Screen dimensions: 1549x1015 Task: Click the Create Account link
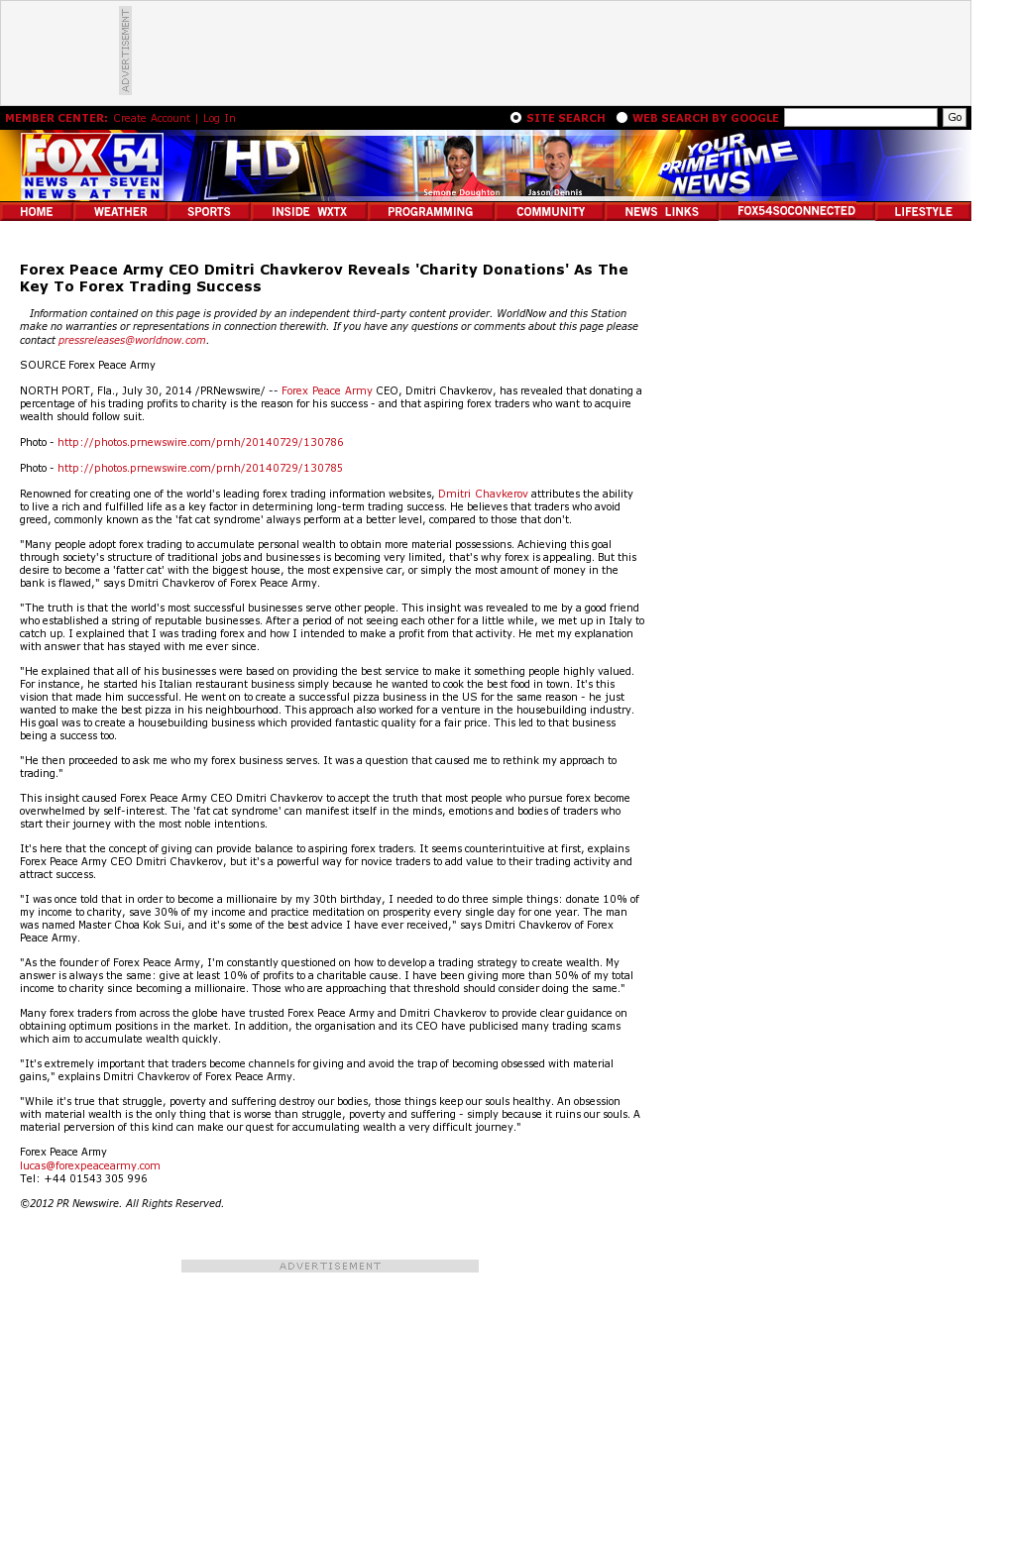pos(152,118)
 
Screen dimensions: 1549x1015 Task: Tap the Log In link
pos(219,118)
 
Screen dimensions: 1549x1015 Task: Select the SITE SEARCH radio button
pos(516,117)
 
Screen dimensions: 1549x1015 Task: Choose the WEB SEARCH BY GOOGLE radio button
pos(622,117)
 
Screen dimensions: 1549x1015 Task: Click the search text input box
pos(860,118)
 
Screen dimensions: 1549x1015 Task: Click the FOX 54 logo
pos(92,166)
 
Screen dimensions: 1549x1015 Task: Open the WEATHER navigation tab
pos(120,212)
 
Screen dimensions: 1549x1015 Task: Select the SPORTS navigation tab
pos(208,212)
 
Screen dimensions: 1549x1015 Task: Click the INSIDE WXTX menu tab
pos(309,212)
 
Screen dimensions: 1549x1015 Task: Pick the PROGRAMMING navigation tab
pos(430,212)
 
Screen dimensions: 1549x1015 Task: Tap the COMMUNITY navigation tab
pos(550,212)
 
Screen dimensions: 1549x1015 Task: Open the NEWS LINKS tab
pos(661,212)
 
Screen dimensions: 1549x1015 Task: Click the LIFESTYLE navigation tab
pos(923,212)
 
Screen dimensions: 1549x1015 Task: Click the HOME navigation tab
pos(37,212)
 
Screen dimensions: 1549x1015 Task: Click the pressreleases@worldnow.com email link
pos(132,340)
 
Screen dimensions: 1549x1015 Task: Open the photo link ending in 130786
pos(200,442)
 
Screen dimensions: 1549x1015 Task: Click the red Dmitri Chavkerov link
pos(483,494)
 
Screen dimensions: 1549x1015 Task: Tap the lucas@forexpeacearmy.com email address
pos(90,1165)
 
